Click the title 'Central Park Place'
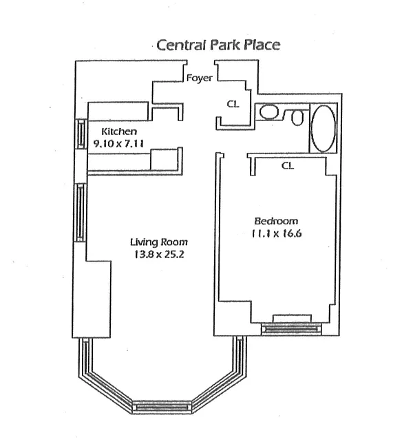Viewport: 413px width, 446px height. [x=218, y=45]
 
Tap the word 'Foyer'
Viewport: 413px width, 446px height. [x=199, y=78]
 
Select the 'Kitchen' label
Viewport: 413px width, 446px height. [x=119, y=131]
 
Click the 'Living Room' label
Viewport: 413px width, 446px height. [x=159, y=242]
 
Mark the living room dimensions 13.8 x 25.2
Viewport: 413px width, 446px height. [x=159, y=254]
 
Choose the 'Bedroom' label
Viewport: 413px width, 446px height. [x=276, y=221]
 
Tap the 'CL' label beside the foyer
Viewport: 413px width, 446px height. [x=233, y=105]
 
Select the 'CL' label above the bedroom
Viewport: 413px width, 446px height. [x=288, y=165]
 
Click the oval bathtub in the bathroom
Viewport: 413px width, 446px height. [x=322, y=129]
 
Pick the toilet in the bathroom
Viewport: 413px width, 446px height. [x=297, y=118]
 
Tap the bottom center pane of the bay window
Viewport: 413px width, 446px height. [x=162, y=407]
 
